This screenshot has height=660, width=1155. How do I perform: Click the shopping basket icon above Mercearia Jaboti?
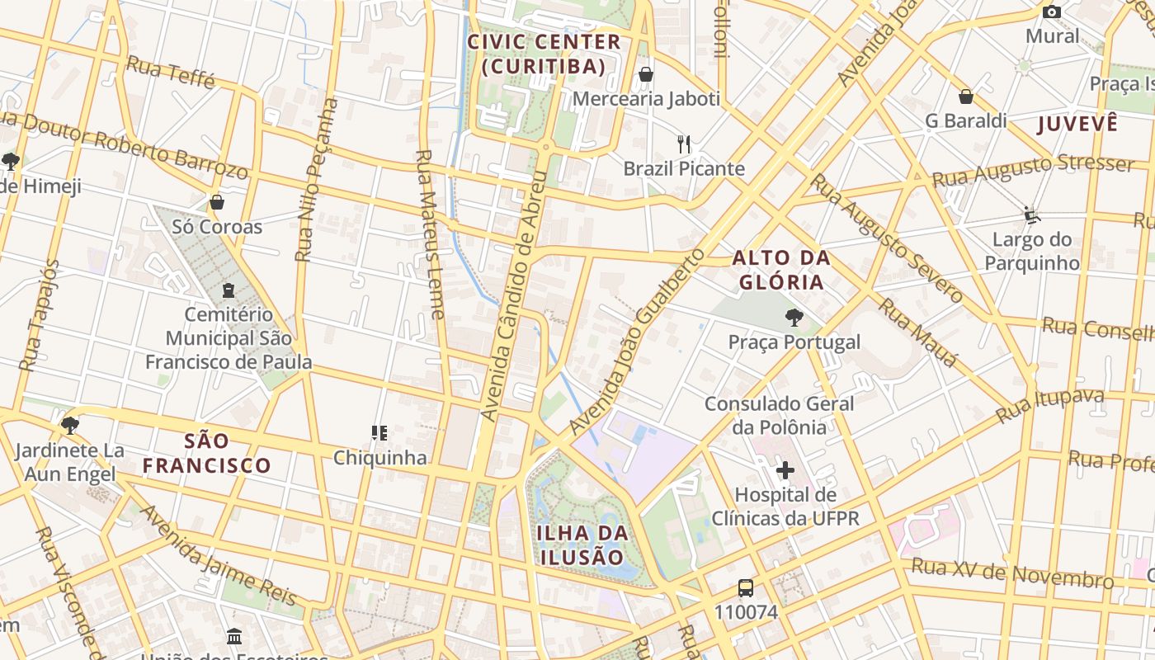(x=646, y=74)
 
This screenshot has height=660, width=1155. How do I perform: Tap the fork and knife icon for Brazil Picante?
(x=683, y=144)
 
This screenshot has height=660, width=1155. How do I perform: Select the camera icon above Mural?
(x=1051, y=12)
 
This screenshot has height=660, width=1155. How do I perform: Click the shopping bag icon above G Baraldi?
(x=965, y=97)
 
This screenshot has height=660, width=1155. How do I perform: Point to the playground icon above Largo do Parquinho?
(x=1031, y=215)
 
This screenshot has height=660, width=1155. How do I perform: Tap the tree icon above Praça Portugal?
(x=794, y=317)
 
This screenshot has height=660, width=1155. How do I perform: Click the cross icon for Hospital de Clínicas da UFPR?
(x=785, y=470)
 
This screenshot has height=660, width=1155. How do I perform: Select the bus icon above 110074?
(x=746, y=588)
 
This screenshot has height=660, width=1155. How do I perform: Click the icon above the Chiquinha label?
(x=379, y=432)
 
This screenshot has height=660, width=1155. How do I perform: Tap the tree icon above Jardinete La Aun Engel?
(x=69, y=426)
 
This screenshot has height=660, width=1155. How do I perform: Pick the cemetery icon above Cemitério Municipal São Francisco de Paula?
(x=229, y=290)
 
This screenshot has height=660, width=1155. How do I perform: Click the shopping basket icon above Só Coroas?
(x=217, y=202)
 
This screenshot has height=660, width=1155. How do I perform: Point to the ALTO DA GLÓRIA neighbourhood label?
(x=780, y=270)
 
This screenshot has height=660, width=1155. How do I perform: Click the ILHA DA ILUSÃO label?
(x=583, y=544)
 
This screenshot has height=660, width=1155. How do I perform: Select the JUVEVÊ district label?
(x=1077, y=124)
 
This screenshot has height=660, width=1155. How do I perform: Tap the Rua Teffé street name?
(x=171, y=73)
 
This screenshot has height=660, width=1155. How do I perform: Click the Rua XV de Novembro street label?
(x=1012, y=573)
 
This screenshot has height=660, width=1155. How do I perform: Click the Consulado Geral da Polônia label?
(x=779, y=415)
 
